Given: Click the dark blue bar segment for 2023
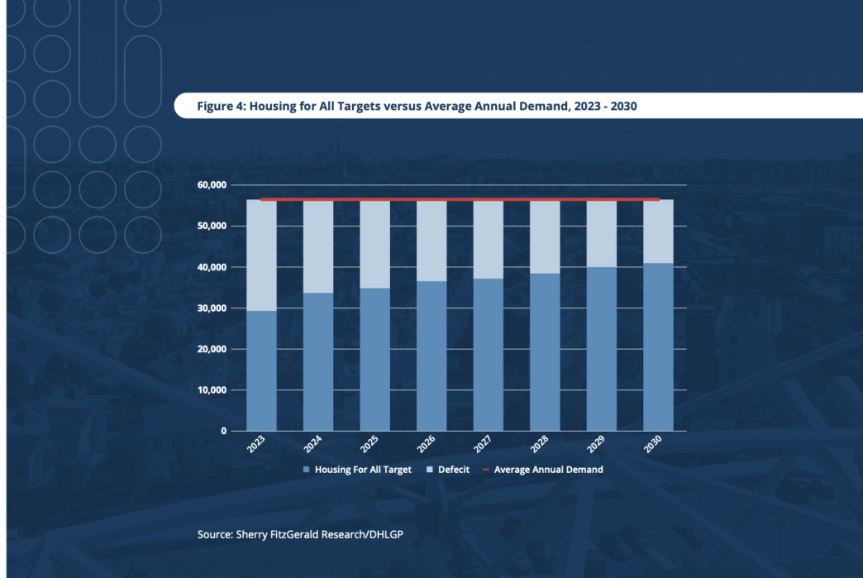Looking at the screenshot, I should (261, 370).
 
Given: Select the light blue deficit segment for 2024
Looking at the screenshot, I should (318, 246).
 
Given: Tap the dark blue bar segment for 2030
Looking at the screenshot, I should (658, 346).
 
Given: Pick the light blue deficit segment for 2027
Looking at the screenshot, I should (488, 240).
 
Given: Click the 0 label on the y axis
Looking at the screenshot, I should (223, 431).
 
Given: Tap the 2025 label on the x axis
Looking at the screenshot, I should (368, 445).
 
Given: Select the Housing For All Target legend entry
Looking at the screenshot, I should (363, 470).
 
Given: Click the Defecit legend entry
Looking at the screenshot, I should (453, 470).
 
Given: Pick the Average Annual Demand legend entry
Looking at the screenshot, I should (548, 470).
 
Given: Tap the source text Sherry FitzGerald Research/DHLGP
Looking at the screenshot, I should (300, 534).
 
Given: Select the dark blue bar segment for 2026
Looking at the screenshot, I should (431, 356).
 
